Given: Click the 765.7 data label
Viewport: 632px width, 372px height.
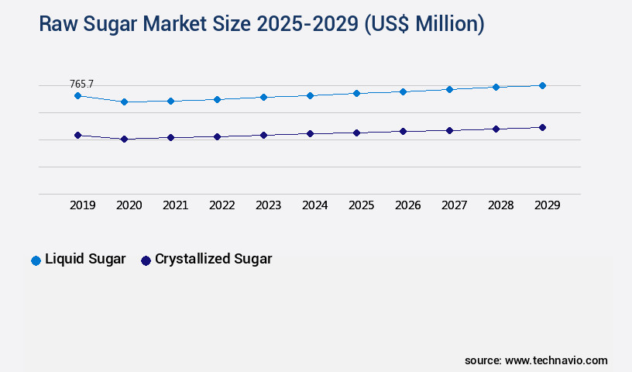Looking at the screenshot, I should coord(81,84).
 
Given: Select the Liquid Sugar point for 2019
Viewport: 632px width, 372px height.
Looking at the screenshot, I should coord(77,95).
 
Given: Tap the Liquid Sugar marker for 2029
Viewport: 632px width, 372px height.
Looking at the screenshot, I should coord(542,85).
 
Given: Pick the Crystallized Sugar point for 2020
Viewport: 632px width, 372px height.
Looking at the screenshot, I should coord(124,139).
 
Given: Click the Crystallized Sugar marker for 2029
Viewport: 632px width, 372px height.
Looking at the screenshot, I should coord(542,127).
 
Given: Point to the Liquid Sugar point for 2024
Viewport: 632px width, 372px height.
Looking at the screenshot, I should coord(310,95).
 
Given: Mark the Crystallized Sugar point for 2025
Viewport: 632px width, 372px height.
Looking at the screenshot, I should coord(356,133).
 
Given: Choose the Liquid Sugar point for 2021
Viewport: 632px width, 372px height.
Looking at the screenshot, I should coord(170,101).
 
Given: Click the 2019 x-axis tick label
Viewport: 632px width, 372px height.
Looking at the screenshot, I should coord(82,205).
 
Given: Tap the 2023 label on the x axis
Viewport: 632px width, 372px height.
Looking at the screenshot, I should coord(268,205).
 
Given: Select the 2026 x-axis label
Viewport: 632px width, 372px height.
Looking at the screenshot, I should coord(407,205).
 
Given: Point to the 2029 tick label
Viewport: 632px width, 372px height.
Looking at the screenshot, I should coord(547,205).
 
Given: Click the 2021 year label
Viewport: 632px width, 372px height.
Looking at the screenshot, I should coord(175,205).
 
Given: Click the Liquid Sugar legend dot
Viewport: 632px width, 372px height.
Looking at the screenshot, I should coord(36,260).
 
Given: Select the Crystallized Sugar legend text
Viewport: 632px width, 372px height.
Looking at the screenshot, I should coord(213,259).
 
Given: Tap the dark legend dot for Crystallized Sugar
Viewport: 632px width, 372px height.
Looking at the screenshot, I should coord(146,260).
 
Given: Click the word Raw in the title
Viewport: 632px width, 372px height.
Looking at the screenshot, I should coord(59,25).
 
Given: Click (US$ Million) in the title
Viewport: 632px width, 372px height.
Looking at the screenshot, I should coord(423,25).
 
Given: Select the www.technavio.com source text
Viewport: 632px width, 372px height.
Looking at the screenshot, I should coord(556,360).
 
